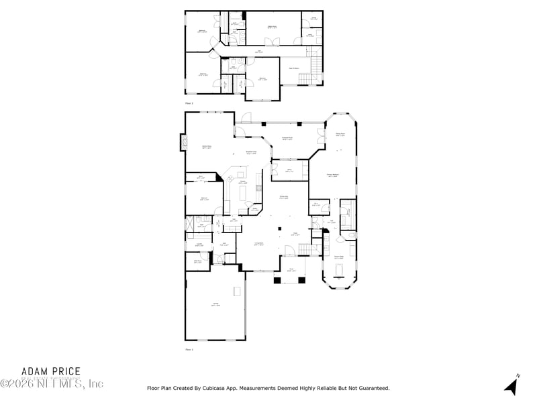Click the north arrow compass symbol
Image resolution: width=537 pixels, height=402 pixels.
tap(511, 385)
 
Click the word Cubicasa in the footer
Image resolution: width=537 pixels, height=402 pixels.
tap(219, 388)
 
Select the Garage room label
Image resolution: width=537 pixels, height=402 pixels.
tap(216, 304)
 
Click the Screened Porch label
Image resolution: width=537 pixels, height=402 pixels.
tap(287, 139)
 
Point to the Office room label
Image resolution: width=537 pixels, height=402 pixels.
tap(289, 171)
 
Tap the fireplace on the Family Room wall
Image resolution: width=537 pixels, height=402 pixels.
tap(183, 142)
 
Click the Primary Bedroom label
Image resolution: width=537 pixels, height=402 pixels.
tap(332, 176)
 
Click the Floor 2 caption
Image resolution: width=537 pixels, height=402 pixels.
tap(189, 104)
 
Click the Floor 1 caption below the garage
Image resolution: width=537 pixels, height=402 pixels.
tap(189, 349)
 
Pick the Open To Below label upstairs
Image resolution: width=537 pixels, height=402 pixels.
tap(294, 68)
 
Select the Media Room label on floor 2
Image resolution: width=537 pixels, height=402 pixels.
tap(273, 27)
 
